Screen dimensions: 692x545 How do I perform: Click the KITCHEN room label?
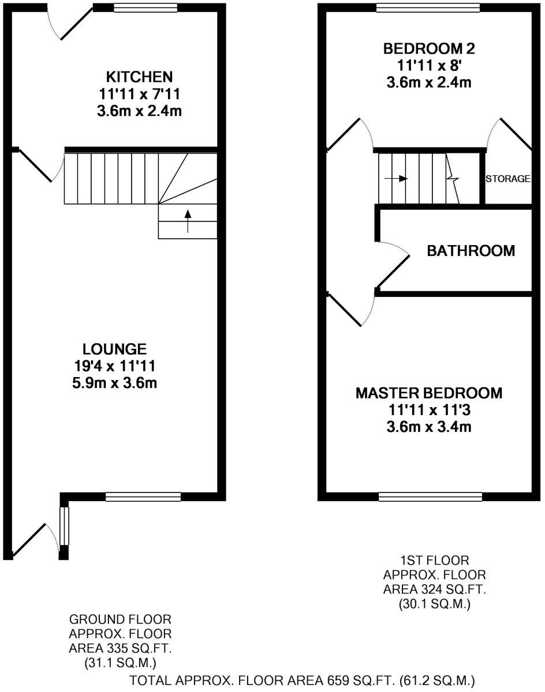click(139, 77)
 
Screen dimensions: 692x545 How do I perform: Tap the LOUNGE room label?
click(114, 349)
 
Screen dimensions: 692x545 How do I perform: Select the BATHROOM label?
click(471, 251)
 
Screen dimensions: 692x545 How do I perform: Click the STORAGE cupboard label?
click(507, 179)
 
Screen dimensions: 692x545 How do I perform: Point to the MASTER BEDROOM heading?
click(428, 393)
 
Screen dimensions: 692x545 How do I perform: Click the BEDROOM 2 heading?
click(428, 48)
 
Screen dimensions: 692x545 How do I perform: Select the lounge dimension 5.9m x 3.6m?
click(114, 382)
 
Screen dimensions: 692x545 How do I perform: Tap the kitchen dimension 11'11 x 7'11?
click(139, 94)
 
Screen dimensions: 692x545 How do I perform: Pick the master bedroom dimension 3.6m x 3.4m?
click(428, 427)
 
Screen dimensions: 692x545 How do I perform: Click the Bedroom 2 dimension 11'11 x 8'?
click(428, 65)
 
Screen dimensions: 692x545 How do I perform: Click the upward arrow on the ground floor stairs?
click(188, 221)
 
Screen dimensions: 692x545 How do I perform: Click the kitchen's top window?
click(145, 7)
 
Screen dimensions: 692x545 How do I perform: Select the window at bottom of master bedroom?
click(430, 497)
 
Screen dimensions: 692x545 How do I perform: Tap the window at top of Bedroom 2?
click(428, 7)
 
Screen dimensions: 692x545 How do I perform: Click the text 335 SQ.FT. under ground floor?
click(120, 648)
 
